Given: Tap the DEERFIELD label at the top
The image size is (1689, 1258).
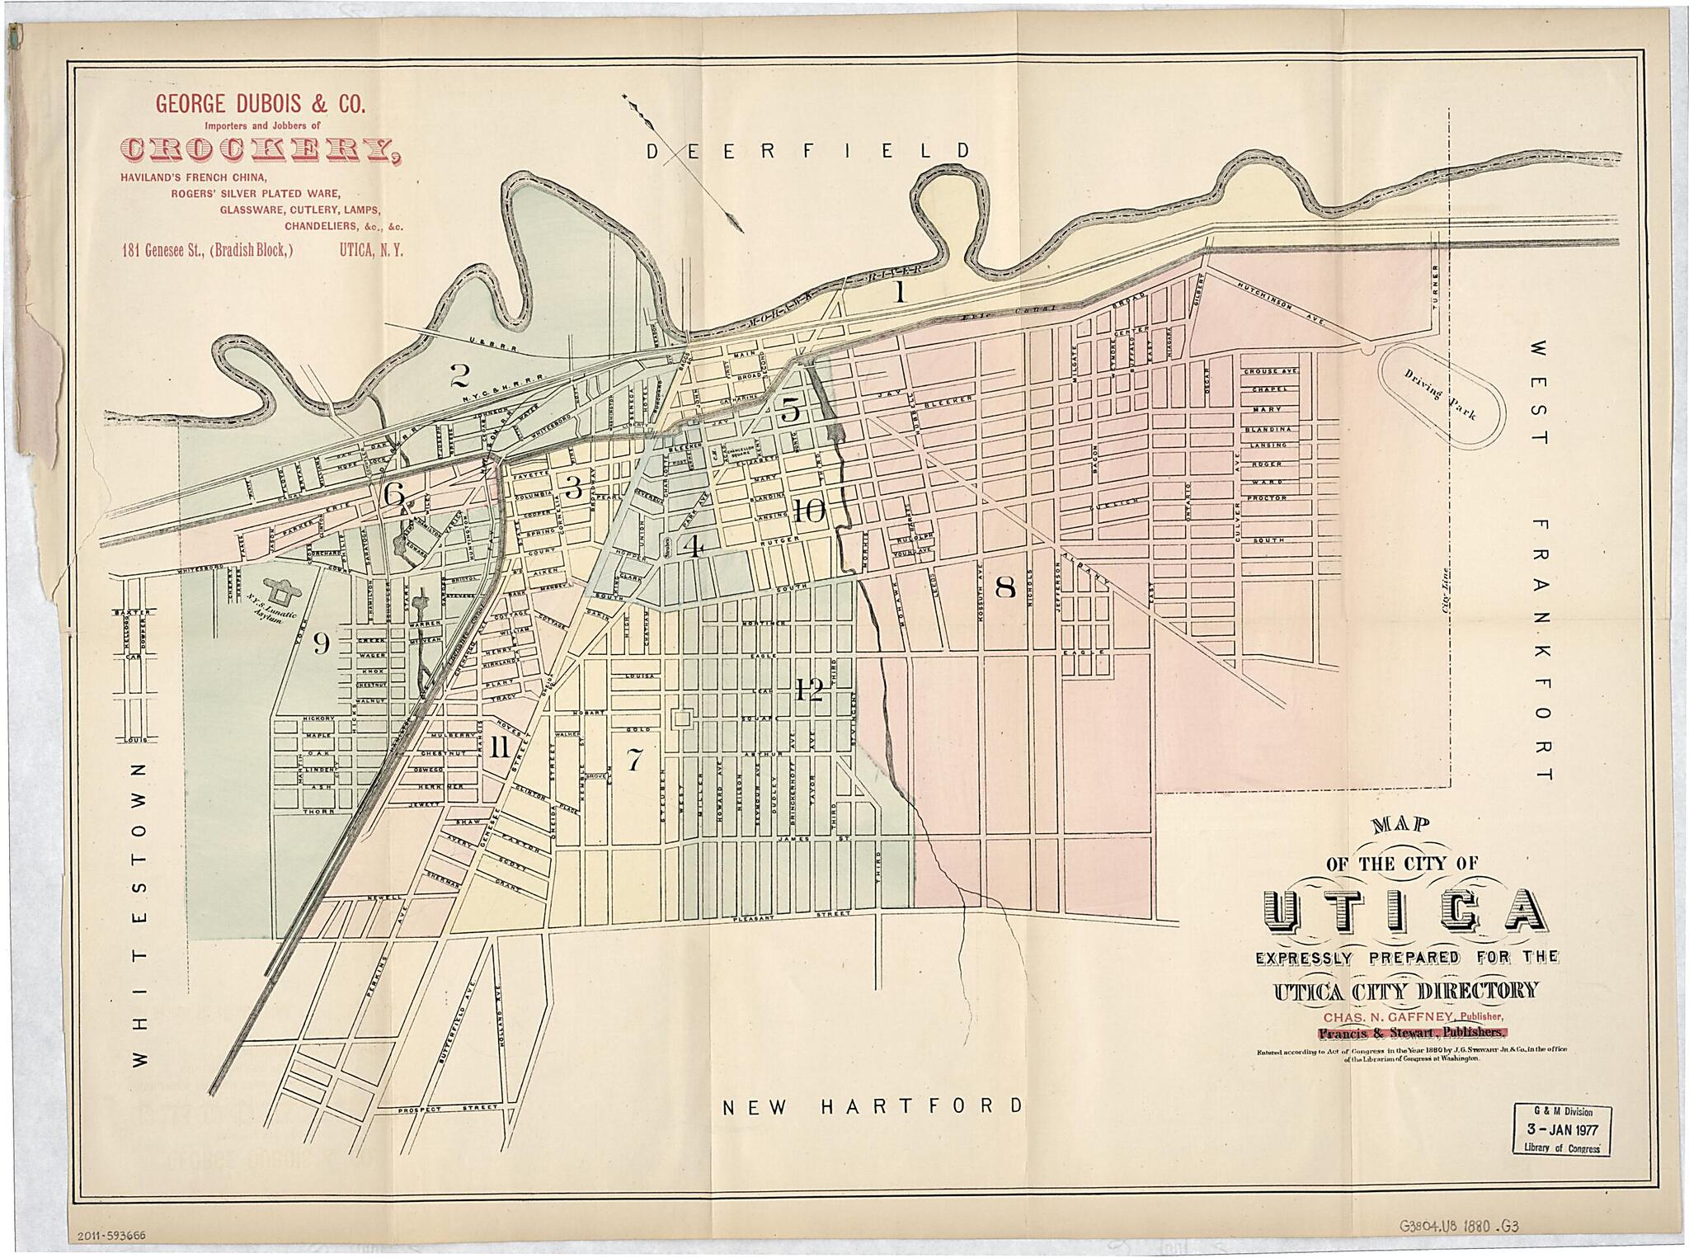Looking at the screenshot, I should (807, 151).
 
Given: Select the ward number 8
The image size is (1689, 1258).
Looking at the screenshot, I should (1004, 587).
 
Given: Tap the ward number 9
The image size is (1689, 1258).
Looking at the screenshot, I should (321, 643).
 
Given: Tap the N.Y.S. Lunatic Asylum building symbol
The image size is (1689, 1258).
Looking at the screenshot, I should (285, 591).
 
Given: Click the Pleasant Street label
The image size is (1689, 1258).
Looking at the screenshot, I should (791, 916).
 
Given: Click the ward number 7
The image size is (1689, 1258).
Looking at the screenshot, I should (633, 759).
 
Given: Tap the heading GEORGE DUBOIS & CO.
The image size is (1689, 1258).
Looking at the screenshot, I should (260, 104).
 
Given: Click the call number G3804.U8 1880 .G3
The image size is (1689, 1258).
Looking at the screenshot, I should (1458, 1227).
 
